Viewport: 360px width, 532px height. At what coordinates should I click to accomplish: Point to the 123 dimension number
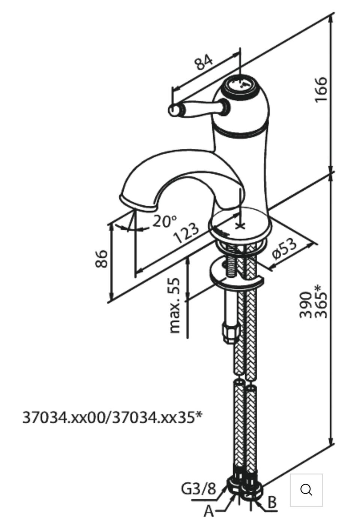click(x=186, y=233)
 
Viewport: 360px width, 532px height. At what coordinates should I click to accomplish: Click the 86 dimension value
click(x=102, y=259)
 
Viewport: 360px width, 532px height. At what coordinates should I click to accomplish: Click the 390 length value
click(x=305, y=305)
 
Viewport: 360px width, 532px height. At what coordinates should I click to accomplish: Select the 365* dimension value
click(x=321, y=302)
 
